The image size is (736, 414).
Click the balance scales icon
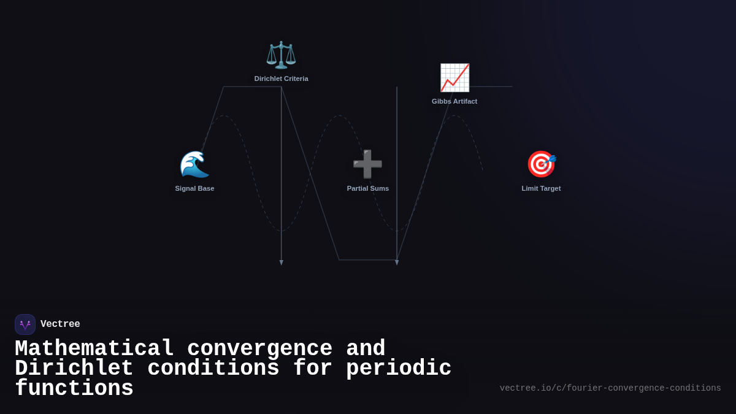click(281, 55)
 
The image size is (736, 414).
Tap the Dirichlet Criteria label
click(282, 79)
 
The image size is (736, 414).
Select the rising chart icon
click(454, 78)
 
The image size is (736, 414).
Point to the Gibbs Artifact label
click(454, 101)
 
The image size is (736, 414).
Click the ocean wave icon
click(194, 164)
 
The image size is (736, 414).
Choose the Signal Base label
click(194, 188)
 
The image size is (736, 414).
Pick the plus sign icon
click(367, 164)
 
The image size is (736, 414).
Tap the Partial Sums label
click(368, 188)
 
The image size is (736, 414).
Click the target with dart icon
click(541, 164)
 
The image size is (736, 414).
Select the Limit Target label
click(541, 188)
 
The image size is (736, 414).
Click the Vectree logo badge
click(25, 324)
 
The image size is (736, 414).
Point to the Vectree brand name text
click(60, 324)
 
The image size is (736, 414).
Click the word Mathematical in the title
click(94, 348)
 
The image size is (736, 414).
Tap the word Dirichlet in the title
click(74, 368)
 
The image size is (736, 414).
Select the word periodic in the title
click(399, 368)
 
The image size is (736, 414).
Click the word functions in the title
click(74, 388)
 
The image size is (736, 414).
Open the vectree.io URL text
click(610, 388)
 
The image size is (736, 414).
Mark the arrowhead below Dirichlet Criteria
click(282, 263)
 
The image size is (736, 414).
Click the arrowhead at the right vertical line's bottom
click(397, 263)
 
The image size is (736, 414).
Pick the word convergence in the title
click(259, 348)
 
